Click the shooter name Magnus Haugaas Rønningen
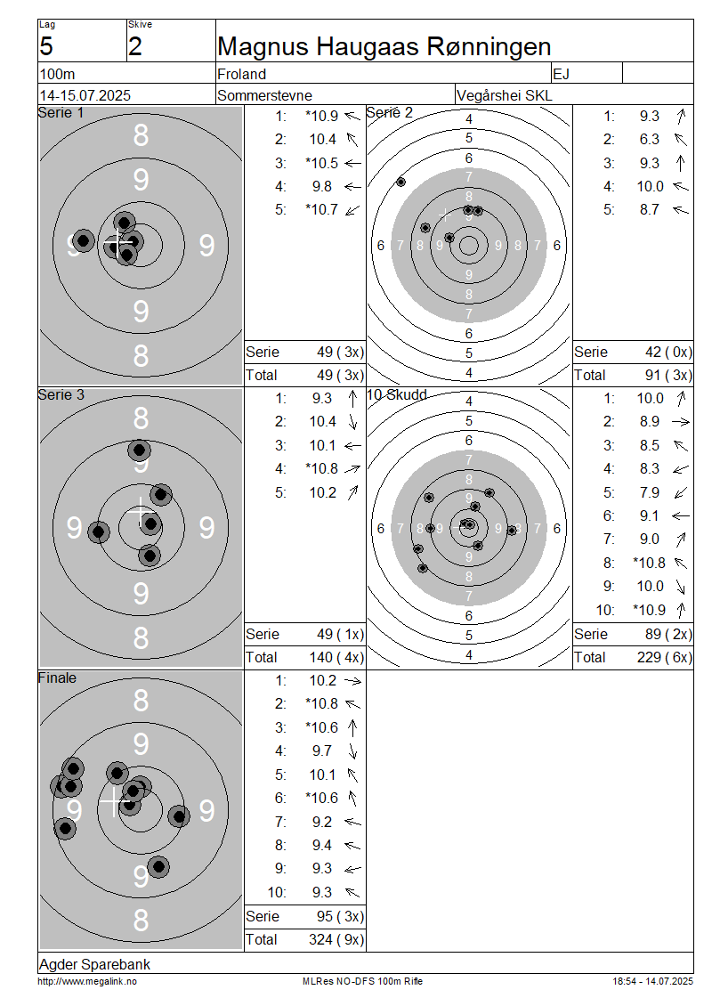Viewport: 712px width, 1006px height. pyautogui.click(x=384, y=47)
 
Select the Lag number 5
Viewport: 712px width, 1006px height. pyautogui.click(x=46, y=47)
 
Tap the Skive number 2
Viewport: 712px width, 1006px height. pyautogui.click(x=134, y=47)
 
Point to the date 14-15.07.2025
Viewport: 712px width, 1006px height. pyautogui.click(x=85, y=95)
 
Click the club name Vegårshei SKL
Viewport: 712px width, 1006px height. pyautogui.click(x=504, y=95)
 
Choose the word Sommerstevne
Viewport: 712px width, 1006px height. pyautogui.click(x=265, y=95)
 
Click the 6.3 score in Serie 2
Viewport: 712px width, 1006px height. pyautogui.click(x=649, y=139)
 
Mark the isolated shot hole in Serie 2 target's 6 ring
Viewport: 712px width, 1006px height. pyautogui.click(x=400, y=183)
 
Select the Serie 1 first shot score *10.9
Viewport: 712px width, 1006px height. pyautogui.click(x=322, y=116)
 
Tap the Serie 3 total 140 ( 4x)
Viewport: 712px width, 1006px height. pyautogui.click(x=336, y=658)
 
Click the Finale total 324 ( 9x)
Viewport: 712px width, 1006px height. pyautogui.click(x=336, y=940)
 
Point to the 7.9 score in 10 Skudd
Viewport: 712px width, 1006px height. pyautogui.click(x=649, y=492)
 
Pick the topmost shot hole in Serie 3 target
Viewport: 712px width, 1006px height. pyautogui.click(x=139, y=450)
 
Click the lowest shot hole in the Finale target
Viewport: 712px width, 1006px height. pyautogui.click(x=158, y=867)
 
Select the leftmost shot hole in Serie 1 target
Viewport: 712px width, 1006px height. pyautogui.click(x=83, y=241)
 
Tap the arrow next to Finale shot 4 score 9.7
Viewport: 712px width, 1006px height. pyautogui.click(x=352, y=751)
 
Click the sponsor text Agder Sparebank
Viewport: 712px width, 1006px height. pyautogui.click(x=95, y=964)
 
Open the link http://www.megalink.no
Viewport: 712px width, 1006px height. pyautogui.click(x=87, y=982)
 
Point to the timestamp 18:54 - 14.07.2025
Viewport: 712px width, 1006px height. pyautogui.click(x=652, y=982)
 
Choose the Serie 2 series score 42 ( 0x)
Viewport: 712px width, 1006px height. pyautogui.click(x=669, y=353)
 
